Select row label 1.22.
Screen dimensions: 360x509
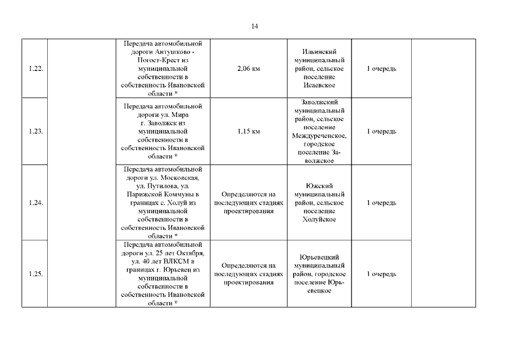[35, 69]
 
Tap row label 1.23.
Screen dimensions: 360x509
[35, 131]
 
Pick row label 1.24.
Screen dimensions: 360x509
[35, 202]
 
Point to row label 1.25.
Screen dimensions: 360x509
[35, 274]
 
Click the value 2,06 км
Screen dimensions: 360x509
[249, 69]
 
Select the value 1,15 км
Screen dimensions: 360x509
[249, 131]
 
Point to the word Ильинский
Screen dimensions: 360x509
[319, 52]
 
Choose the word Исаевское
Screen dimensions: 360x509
[319, 85]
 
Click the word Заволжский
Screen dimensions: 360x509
[319, 102]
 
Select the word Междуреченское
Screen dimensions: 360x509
[319, 136]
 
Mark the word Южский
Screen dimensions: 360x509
[319, 186]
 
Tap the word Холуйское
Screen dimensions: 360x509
[319, 219]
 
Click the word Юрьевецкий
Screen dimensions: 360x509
[319, 257]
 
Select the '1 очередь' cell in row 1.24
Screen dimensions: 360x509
[381, 202]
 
